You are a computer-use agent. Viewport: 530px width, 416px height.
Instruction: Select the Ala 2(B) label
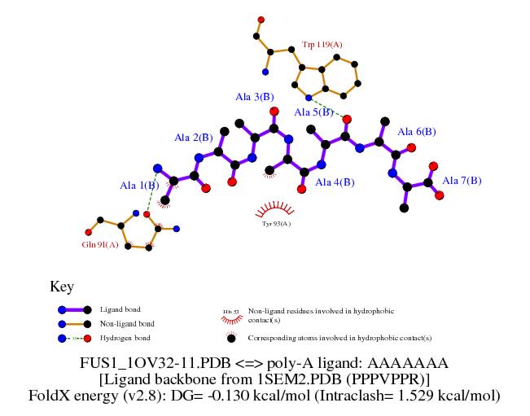[x=193, y=138]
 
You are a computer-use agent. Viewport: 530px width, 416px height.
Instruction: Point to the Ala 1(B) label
[x=138, y=186]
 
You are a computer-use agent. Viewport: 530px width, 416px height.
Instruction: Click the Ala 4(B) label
[x=335, y=182]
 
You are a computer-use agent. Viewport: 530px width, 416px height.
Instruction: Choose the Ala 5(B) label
[x=313, y=112]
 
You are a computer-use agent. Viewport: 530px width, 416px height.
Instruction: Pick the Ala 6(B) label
[x=417, y=131]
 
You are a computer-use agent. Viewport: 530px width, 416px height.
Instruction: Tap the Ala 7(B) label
[x=462, y=180]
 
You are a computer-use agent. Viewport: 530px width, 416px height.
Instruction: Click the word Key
[x=62, y=287]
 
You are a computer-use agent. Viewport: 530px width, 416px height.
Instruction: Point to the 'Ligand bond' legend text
[x=120, y=310]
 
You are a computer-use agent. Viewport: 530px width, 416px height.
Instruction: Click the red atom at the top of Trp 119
[x=261, y=19]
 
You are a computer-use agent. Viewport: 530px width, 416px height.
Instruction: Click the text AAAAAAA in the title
[x=412, y=361]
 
